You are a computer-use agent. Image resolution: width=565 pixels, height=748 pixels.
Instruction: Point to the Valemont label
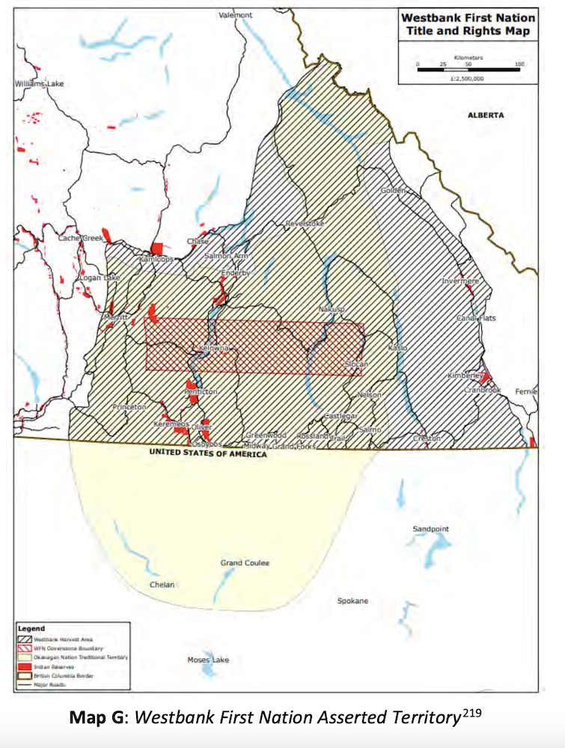click(235, 15)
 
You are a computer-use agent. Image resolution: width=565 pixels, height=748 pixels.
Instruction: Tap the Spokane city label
click(352, 601)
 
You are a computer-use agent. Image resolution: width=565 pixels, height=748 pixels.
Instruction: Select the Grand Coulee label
click(244, 562)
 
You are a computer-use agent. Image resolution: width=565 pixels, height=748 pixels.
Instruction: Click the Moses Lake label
click(208, 660)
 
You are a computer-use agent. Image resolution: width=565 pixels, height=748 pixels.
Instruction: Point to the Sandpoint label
click(431, 529)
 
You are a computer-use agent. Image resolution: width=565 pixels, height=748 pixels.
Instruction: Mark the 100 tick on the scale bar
click(519, 64)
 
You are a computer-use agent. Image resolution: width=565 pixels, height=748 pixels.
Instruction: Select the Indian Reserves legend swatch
click(25, 665)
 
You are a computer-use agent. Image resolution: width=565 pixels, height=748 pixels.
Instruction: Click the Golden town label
click(392, 191)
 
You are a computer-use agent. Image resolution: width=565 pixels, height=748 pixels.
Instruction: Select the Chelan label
click(162, 584)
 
